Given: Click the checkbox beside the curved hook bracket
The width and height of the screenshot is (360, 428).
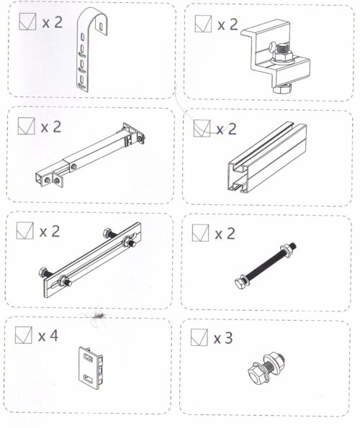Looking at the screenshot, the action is point(27,22).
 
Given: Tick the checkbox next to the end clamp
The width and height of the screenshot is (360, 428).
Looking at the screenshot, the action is point(203,24).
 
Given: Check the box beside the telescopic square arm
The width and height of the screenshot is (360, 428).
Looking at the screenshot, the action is point(26,126).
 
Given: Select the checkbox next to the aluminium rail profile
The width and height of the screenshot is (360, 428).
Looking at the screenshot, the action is point(202,128).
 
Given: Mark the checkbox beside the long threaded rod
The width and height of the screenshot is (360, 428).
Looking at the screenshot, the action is point(200,233).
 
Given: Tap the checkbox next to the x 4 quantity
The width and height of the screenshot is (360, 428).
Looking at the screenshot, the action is point(24,335).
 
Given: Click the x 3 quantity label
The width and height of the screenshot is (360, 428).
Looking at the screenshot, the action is point(223,338).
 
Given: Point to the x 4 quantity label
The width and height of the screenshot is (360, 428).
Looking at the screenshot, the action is point(48,336).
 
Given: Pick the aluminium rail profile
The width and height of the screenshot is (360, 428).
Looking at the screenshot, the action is point(267,158).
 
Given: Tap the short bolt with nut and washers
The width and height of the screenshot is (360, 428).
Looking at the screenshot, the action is point(266,368).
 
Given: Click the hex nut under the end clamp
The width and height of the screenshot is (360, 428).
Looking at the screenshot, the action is point(282,89).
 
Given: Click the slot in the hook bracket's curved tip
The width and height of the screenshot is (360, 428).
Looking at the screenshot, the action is point(102,26).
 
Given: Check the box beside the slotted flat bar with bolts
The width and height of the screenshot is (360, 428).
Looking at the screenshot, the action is point(25,230).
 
